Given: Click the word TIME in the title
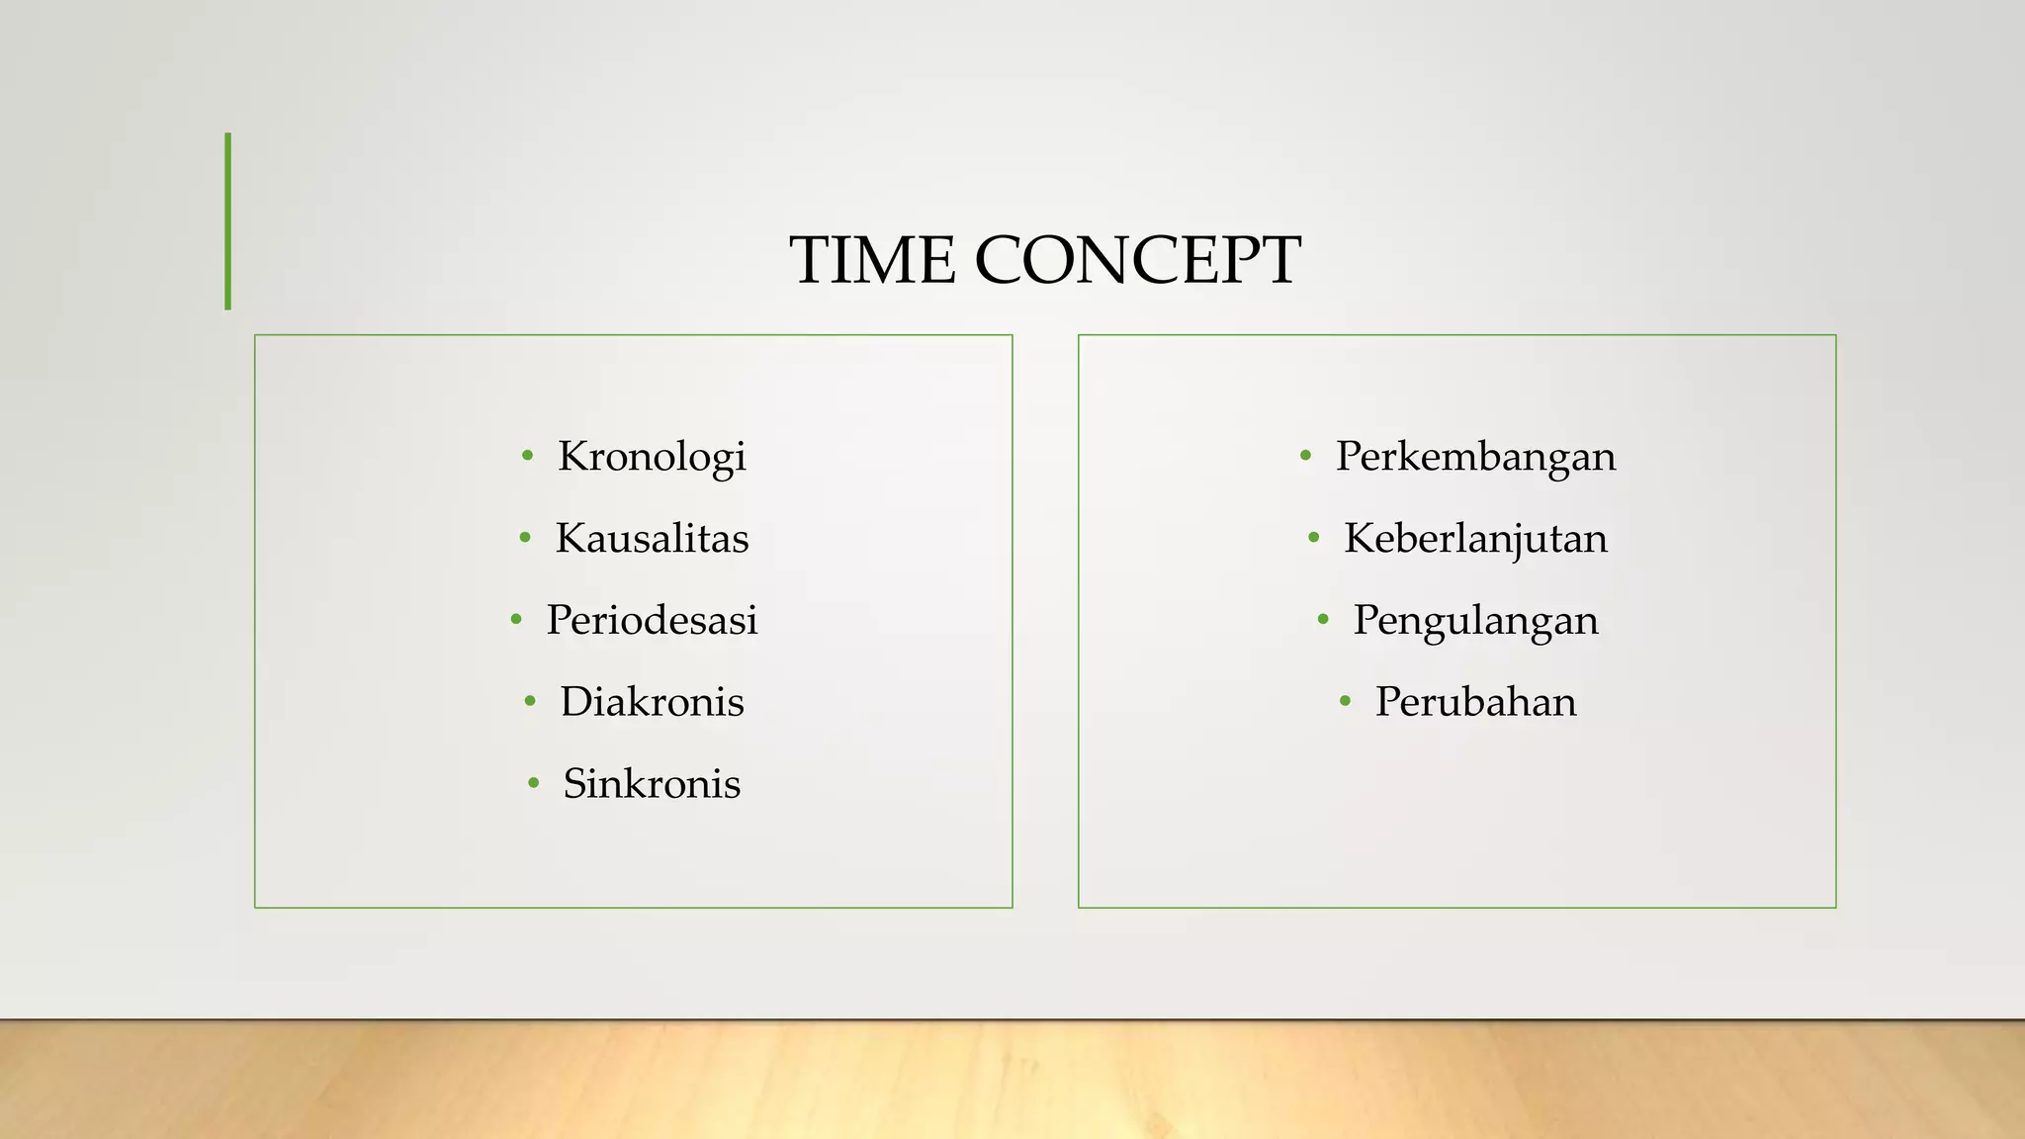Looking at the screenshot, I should [x=872, y=260].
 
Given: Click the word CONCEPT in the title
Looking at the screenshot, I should [x=1137, y=260].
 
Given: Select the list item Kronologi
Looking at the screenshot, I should [x=652, y=457].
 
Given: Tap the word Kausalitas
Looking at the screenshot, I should [x=652, y=539].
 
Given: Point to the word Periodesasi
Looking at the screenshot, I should [x=652, y=621].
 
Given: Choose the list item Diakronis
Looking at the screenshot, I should [x=652, y=702].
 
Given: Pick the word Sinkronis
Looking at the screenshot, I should [x=652, y=784].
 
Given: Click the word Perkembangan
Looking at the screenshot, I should [x=1475, y=457].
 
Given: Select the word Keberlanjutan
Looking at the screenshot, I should [x=1475, y=539].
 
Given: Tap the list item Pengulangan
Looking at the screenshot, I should [x=1475, y=621].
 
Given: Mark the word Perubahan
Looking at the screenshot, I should [x=1475, y=702].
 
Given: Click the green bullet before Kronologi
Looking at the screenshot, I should [x=528, y=456].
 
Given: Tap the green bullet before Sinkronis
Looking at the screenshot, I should [x=534, y=784].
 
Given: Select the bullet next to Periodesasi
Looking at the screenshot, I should [x=516, y=620].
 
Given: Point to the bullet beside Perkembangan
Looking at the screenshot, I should [x=1306, y=456].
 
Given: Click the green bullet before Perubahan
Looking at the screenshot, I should [x=1345, y=702].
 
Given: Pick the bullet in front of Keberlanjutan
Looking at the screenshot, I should [x=1314, y=538].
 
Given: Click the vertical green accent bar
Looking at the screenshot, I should [x=228, y=221].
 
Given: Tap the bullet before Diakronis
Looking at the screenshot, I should [x=530, y=702].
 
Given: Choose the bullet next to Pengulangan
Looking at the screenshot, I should [x=1323, y=620].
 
